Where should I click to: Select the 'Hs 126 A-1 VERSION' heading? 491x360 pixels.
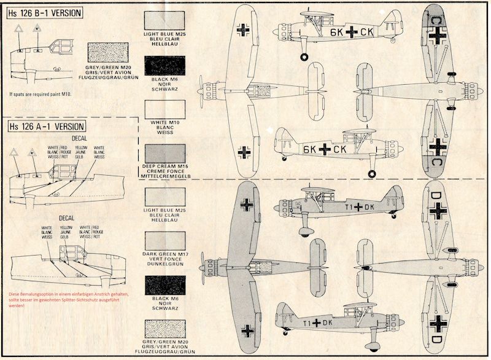44,127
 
